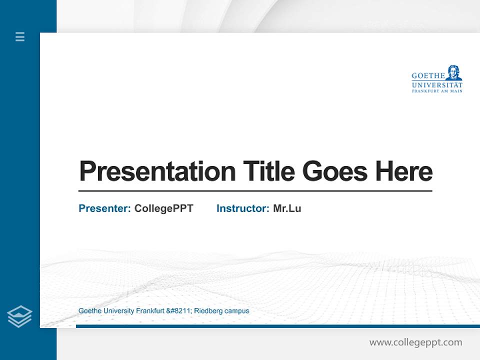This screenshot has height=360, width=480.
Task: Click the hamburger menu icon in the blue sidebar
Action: point(20,36)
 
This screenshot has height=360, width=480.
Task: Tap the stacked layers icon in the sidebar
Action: point(19,316)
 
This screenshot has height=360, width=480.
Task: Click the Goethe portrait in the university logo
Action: point(454,72)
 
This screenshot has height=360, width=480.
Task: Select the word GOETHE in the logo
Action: point(428,76)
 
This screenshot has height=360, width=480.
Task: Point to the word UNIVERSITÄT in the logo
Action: point(437,84)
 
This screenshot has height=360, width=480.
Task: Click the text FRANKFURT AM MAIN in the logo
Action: point(437,91)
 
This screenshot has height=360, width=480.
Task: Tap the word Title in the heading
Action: point(268,171)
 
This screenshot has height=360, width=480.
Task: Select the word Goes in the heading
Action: point(335,171)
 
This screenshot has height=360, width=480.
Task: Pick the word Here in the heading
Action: point(404,171)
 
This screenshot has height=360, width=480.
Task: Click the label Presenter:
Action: point(104,208)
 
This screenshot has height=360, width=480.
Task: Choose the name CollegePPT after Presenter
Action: point(163,208)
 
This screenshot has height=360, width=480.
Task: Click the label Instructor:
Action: point(242,208)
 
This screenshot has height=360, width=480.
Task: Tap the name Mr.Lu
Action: point(287,208)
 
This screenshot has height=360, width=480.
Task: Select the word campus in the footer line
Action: point(236,311)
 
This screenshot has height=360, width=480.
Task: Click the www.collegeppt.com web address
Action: point(415,342)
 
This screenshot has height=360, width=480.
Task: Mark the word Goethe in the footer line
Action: point(89,311)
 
